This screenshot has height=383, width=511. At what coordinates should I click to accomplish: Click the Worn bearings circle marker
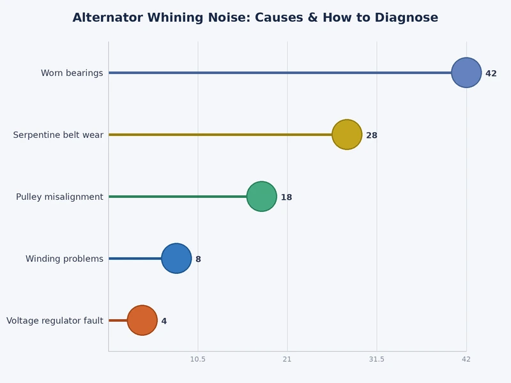point(466,73)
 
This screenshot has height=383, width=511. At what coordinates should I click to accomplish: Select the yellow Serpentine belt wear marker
point(347,135)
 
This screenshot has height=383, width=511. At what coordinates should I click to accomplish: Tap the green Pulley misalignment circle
point(262,197)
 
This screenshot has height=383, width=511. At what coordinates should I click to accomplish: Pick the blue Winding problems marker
point(176,259)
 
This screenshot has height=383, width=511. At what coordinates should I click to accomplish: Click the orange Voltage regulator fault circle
point(142,320)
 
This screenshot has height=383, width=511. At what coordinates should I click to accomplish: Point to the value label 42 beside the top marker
point(491,74)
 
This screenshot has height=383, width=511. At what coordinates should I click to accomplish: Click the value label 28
point(371,136)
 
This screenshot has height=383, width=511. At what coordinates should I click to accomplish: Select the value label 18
point(286,198)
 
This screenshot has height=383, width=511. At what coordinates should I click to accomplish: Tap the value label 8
point(198,260)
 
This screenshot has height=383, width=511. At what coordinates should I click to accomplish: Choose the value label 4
point(164,322)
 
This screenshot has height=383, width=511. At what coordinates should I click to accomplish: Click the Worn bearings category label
point(72,73)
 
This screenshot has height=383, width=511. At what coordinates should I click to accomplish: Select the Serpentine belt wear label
point(58,135)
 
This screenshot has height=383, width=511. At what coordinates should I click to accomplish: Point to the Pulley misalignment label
point(59,197)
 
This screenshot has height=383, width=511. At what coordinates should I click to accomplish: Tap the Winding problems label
point(64,259)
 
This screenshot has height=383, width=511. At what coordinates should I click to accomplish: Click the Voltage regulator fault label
point(55,321)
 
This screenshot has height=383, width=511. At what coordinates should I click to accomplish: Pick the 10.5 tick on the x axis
point(198,359)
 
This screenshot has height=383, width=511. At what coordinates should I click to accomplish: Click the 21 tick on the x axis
point(287,359)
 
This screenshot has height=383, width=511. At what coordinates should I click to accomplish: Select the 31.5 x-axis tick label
point(377,359)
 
